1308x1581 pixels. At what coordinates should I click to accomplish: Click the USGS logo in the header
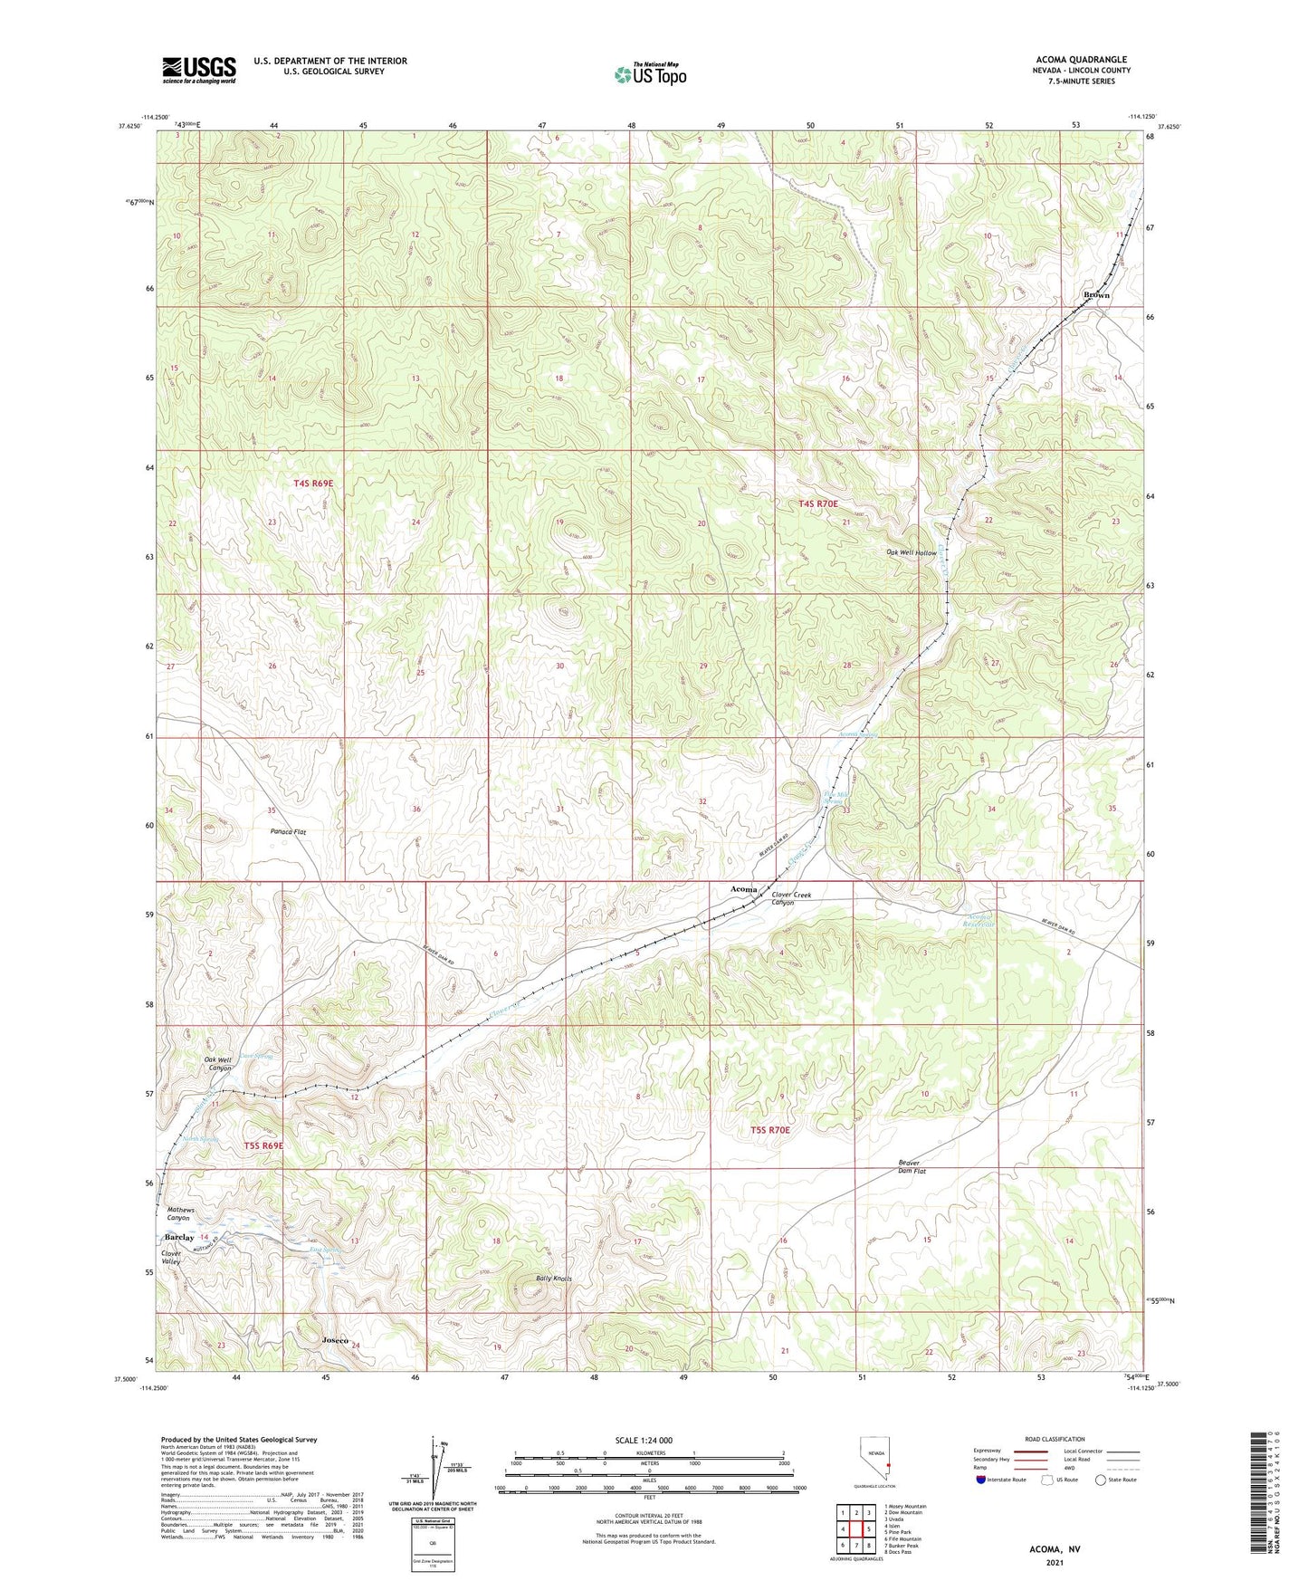pyautogui.click(x=199, y=70)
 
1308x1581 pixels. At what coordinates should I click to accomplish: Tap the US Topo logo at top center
pyautogui.click(x=650, y=74)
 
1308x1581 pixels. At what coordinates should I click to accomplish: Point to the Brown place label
pyautogui.click(x=1096, y=295)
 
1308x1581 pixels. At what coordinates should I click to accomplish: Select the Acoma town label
pyautogui.click(x=743, y=889)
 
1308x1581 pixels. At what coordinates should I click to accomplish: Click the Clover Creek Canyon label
pyautogui.click(x=790, y=899)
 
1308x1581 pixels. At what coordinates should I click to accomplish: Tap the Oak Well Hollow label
pyautogui.click(x=911, y=552)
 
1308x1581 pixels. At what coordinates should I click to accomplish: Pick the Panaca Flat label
pyautogui.click(x=288, y=830)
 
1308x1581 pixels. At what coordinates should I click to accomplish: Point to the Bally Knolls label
pyautogui.click(x=553, y=1279)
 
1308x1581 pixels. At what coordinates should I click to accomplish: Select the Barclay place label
pyautogui.click(x=179, y=1237)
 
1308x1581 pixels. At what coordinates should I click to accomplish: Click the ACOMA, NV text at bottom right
pyautogui.click(x=1055, y=1549)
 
